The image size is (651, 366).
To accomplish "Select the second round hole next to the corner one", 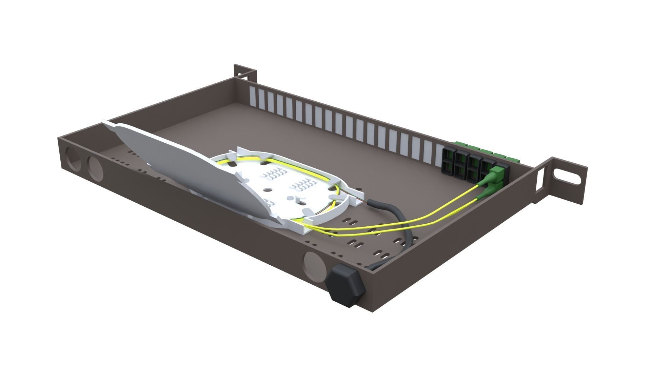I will tap(95, 167).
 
